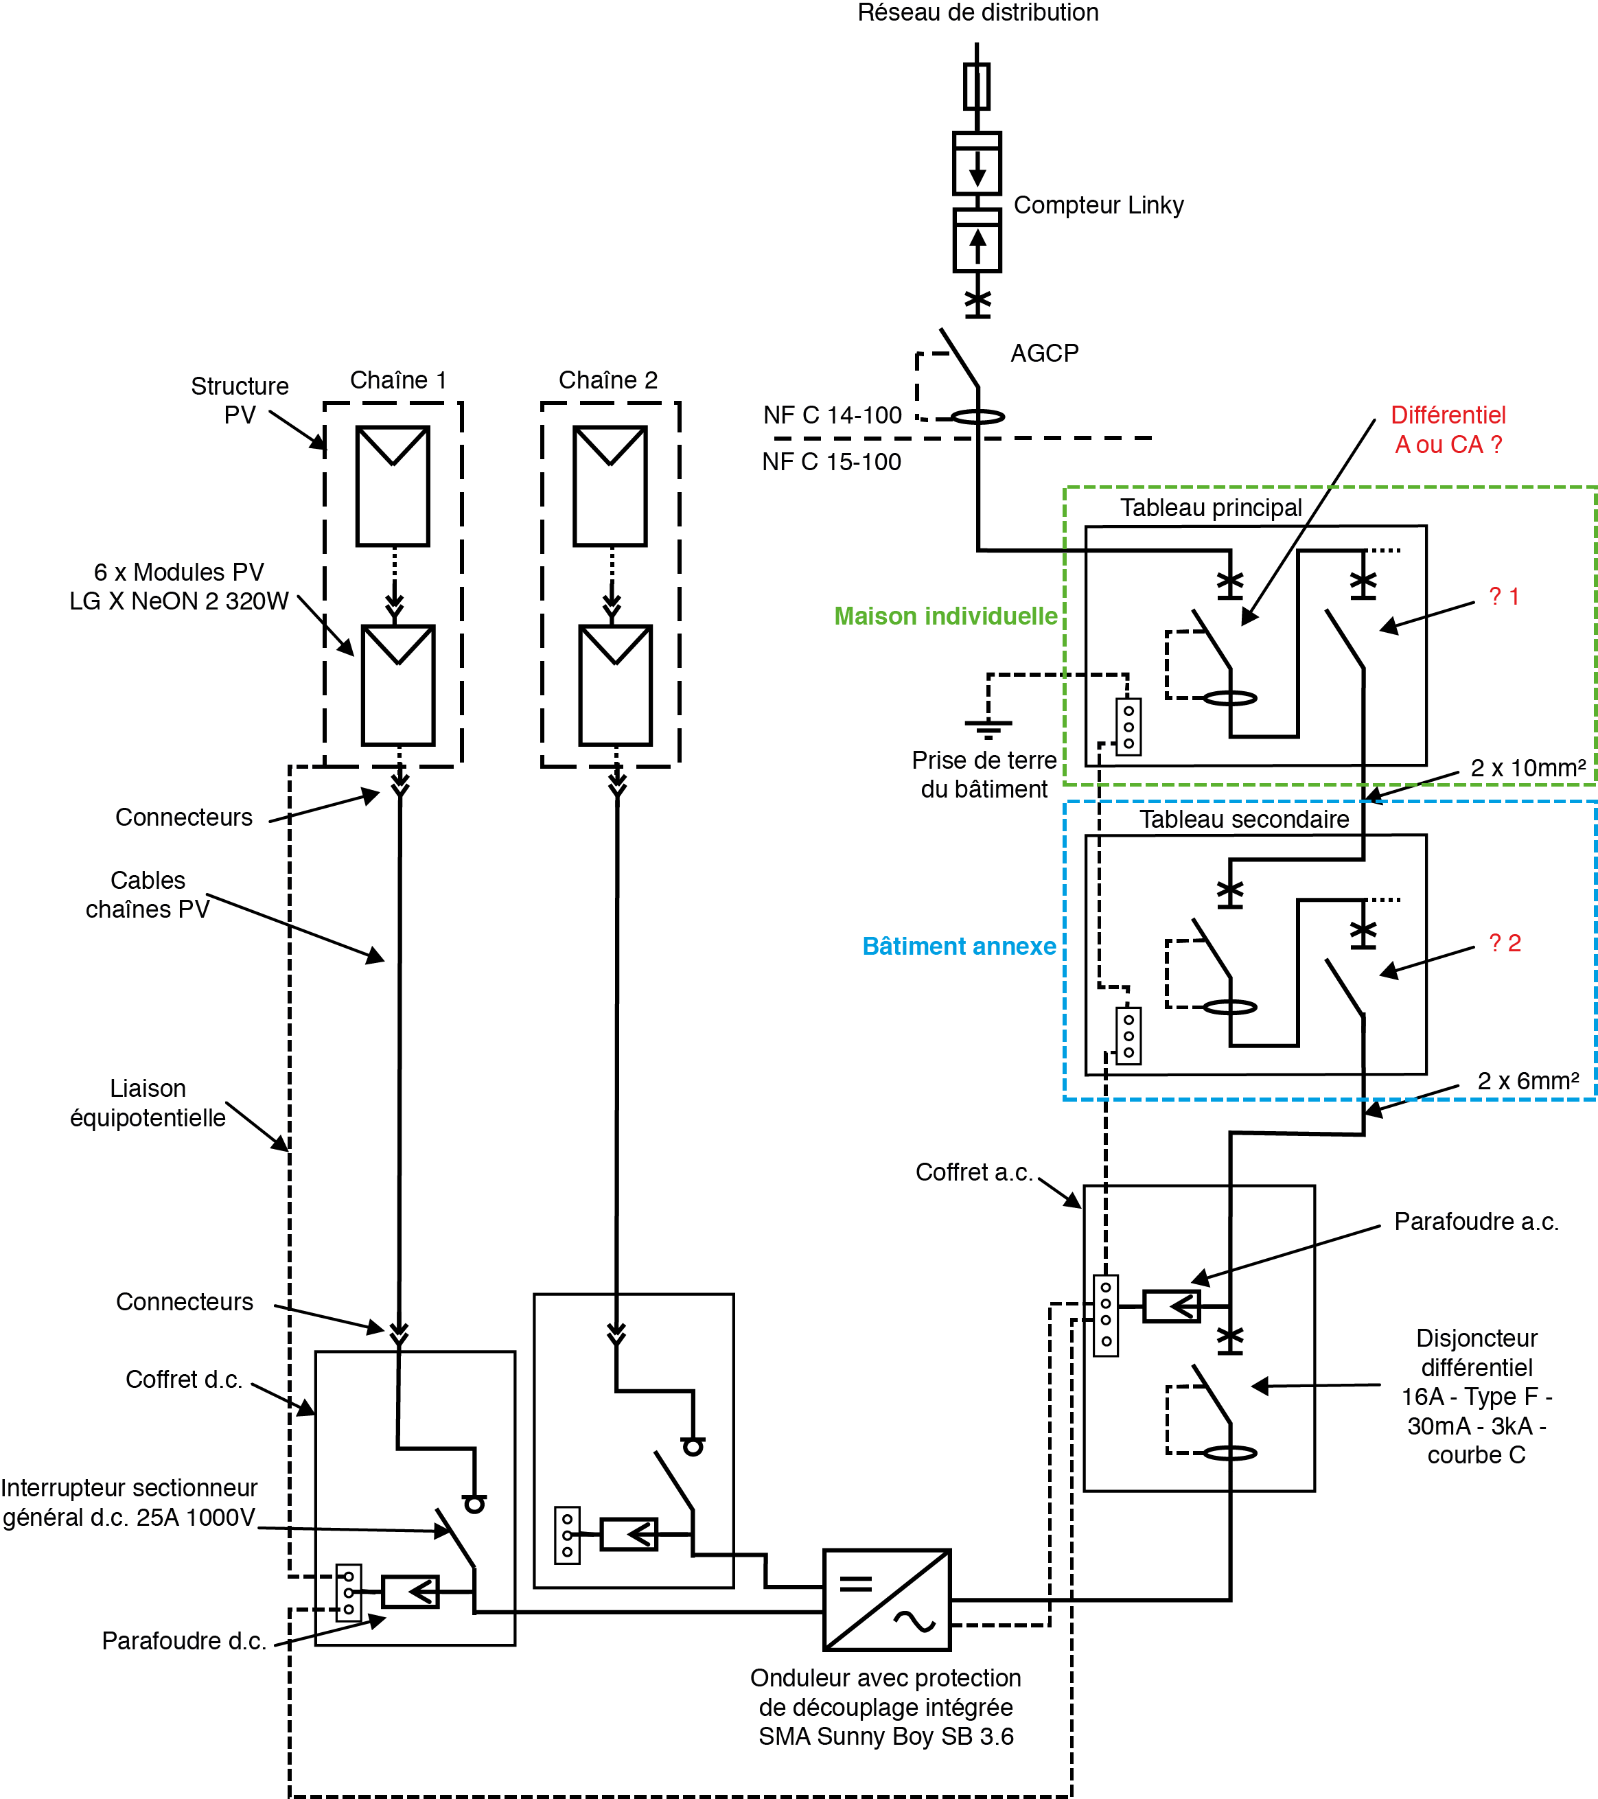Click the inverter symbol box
tap(886, 1599)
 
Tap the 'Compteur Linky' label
tap(1098, 205)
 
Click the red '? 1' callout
tap(1504, 596)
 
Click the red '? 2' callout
tap(1505, 944)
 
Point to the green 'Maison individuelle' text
tap(945, 616)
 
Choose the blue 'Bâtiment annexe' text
tap(958, 946)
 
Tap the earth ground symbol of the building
tap(988, 726)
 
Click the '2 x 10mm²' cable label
tap(1527, 767)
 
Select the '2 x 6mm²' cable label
tap(1527, 1081)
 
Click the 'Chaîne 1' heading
tap(397, 380)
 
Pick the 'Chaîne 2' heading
tap(608, 380)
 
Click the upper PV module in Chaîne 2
tap(610, 486)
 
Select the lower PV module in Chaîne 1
tap(397, 685)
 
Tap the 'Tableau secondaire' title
tap(1243, 820)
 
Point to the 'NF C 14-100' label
tap(833, 415)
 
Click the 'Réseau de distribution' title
tap(977, 12)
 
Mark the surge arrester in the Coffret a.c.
tap(1171, 1306)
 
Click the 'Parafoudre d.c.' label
tap(184, 1640)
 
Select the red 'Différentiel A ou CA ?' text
tap(1448, 430)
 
